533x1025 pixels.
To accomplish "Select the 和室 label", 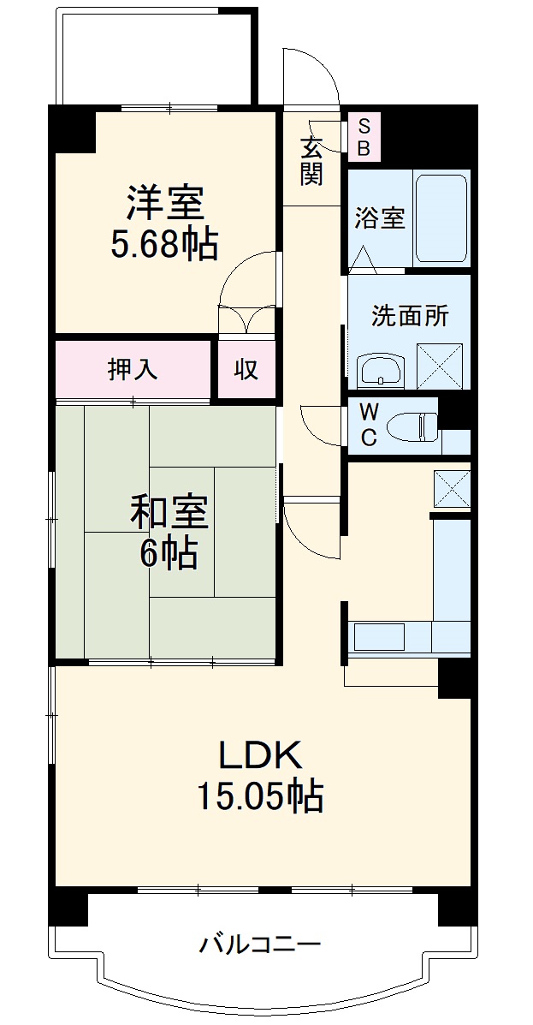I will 169,513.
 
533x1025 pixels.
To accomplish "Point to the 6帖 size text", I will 169,554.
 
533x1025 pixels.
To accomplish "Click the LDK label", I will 259,755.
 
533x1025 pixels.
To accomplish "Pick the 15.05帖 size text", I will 260,797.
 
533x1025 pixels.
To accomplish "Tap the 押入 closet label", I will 133,369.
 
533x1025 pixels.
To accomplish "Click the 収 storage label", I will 246,369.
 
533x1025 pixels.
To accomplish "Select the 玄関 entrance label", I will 311,160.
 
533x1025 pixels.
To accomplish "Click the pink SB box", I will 364,138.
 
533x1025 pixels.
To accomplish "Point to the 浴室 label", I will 380,218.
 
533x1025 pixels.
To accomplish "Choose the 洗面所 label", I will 409,315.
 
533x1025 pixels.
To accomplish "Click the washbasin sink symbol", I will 380,370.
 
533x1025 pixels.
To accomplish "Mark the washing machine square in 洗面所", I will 439,366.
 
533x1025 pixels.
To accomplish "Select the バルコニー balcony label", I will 260,945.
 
